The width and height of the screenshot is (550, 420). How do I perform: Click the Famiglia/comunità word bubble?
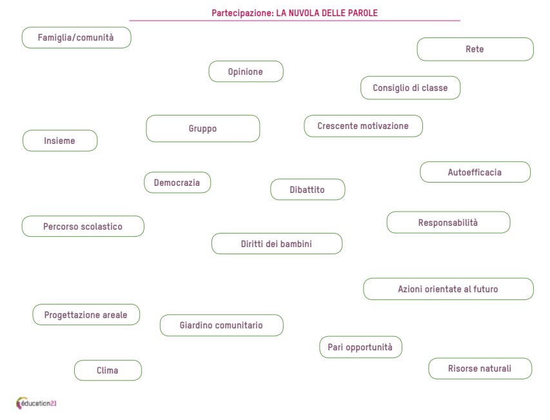pos(77,37)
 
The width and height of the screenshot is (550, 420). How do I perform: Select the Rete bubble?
pos(475,49)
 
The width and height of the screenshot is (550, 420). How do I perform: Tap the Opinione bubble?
pos(246,72)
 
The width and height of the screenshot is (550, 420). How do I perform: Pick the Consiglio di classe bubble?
pos(410,88)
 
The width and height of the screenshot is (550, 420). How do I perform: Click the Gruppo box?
pos(203,128)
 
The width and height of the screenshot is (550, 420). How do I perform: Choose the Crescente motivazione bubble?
pos(364,126)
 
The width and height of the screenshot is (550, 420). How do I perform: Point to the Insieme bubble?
pos(60,141)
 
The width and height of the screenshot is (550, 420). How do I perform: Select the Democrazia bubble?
pos(177,183)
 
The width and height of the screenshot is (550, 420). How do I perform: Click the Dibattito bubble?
pos(308,190)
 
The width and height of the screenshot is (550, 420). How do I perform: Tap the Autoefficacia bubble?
pos(475,172)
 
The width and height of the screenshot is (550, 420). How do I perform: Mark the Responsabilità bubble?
pos(449,222)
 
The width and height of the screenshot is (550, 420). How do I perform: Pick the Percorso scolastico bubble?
pos(83,226)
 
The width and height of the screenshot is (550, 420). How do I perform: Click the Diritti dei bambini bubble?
pos(277,243)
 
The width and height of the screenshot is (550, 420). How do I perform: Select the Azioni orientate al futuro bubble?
pos(449,289)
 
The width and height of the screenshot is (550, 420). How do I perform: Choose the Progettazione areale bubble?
pos(86,315)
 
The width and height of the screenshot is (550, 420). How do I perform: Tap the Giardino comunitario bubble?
pos(222,325)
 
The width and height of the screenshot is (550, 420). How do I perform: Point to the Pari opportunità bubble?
pos(361,347)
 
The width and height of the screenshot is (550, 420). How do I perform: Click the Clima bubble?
pos(108,370)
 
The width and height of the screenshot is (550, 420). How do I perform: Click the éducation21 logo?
pos(36,403)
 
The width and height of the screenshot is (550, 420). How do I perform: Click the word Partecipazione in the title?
pos(242,14)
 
